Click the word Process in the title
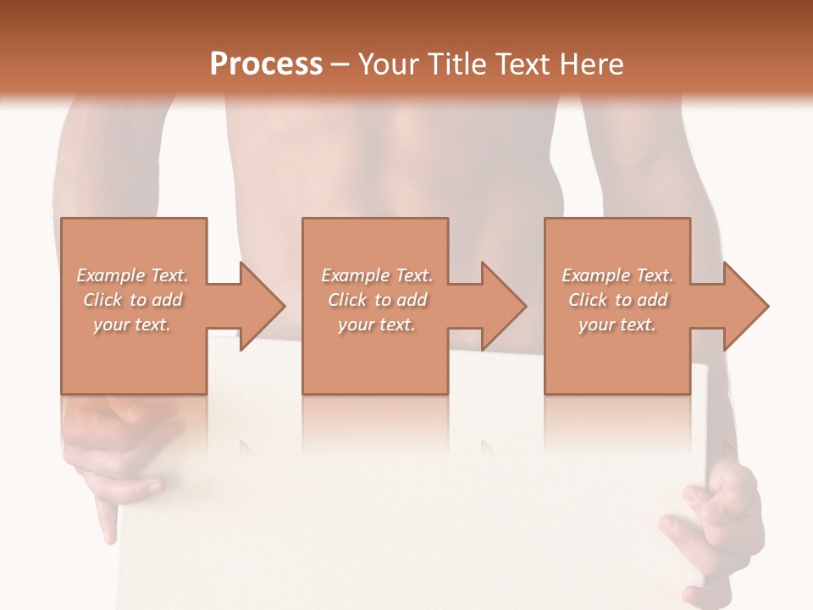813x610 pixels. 266,64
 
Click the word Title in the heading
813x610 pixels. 453,64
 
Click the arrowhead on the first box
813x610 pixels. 263,306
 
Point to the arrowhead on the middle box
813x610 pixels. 504,306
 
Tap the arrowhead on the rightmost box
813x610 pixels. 746,306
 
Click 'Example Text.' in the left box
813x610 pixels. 133,275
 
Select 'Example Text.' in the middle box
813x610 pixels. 377,275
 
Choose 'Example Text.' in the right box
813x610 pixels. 617,275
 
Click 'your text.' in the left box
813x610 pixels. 132,324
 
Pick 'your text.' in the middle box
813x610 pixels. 377,324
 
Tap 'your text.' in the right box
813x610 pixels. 617,324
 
